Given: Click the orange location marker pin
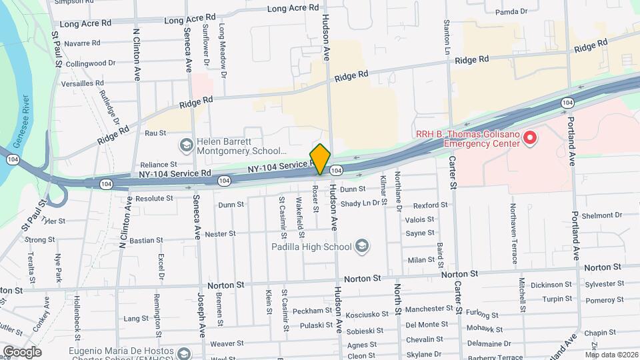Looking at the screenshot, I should point(321,159).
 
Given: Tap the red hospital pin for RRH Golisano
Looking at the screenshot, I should point(530,138).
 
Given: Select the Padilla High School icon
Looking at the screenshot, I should point(361,247).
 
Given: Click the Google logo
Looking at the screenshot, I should point(22,351).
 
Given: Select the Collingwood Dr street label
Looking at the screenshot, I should point(91,63).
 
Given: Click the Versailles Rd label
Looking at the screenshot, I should point(81,83).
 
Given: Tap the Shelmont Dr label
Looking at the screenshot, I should point(601,215).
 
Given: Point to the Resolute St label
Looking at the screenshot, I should point(154,199).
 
